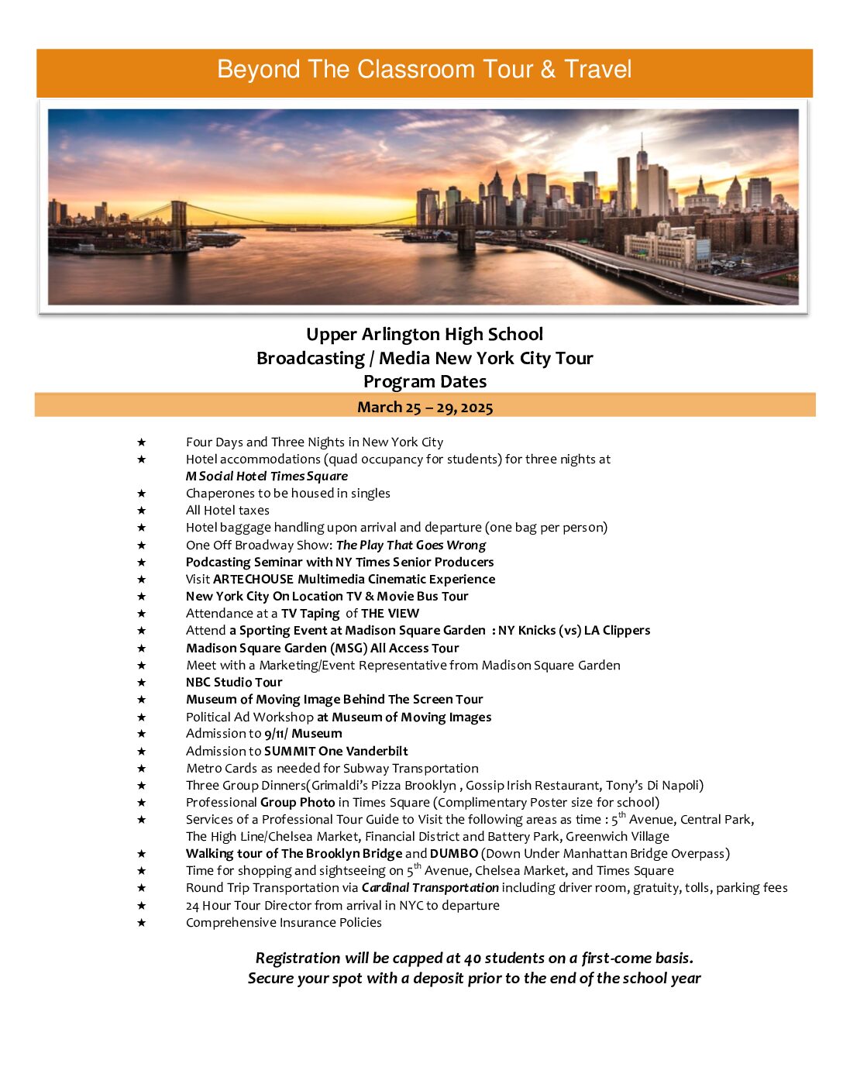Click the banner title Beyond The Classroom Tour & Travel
pyautogui.click(x=424, y=70)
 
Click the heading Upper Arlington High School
pyautogui.click(x=425, y=334)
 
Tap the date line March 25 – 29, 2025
pyautogui.click(x=425, y=408)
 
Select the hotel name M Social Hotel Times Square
pyautogui.click(x=267, y=477)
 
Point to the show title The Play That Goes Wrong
pyautogui.click(x=411, y=545)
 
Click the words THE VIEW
pyautogui.click(x=390, y=613)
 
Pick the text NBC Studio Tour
pyautogui.click(x=234, y=682)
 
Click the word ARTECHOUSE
pyautogui.click(x=253, y=579)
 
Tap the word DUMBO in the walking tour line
pyautogui.click(x=454, y=853)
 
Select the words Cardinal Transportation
pyautogui.click(x=430, y=887)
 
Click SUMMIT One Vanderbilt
pyautogui.click(x=335, y=751)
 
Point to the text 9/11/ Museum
pyautogui.click(x=303, y=733)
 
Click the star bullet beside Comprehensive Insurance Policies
pyautogui.click(x=142, y=922)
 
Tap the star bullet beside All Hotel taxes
pyautogui.click(x=142, y=511)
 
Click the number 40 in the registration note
pyautogui.click(x=473, y=958)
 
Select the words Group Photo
pyautogui.click(x=298, y=802)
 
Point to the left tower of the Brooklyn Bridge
pyautogui.click(x=179, y=225)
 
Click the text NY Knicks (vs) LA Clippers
pyautogui.click(x=574, y=630)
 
